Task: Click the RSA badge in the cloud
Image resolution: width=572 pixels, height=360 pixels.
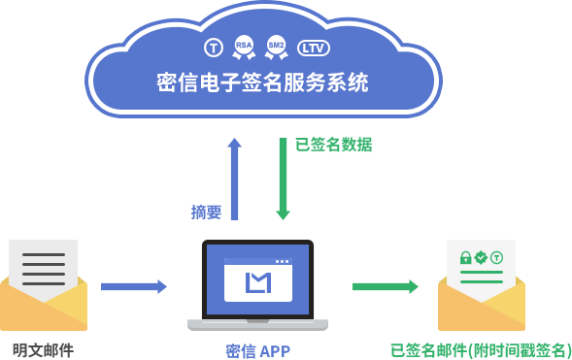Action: coord(244,46)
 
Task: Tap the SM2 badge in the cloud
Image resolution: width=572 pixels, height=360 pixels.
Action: coord(277,46)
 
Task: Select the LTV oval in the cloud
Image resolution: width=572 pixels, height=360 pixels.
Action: coord(313,47)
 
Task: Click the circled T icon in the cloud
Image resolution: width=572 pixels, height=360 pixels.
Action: coord(214,47)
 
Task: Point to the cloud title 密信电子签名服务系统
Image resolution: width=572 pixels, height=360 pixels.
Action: coord(262,83)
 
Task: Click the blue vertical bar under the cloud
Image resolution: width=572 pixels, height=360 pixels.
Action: coord(234,179)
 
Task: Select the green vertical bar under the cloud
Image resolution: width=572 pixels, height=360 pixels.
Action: coord(283,179)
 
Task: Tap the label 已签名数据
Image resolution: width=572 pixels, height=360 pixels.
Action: coord(333,145)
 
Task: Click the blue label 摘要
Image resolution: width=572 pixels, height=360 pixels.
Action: coord(206,212)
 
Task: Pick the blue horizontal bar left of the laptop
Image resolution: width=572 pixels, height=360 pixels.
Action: coord(134,286)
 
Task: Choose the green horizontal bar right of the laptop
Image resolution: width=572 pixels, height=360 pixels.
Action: coord(385,286)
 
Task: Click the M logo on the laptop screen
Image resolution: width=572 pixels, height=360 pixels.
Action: coord(257,282)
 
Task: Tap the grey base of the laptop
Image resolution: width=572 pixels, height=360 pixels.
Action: coord(257,324)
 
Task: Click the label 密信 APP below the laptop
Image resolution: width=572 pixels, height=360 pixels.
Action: coord(257,350)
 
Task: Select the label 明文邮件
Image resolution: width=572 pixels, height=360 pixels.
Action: coord(43,350)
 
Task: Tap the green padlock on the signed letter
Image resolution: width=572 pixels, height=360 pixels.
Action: coord(465,258)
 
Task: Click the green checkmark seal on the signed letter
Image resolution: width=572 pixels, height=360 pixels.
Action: coord(481,258)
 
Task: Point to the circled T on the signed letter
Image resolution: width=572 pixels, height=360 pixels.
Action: coord(496,258)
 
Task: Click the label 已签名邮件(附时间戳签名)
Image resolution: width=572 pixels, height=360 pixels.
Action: coord(480,350)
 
